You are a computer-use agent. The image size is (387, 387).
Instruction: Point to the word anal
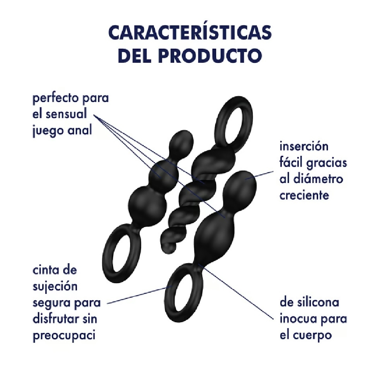[79, 130]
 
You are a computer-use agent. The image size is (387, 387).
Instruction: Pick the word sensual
[66, 114]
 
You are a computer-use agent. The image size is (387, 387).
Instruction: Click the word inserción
[304, 146]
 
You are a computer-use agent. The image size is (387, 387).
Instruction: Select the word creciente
[304, 195]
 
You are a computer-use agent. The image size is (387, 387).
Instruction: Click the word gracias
[327, 163]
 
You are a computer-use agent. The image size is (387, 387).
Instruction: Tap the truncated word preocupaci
[64, 336]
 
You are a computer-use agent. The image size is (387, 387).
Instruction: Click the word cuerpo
[312, 336]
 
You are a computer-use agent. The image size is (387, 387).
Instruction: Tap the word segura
[51, 303]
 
